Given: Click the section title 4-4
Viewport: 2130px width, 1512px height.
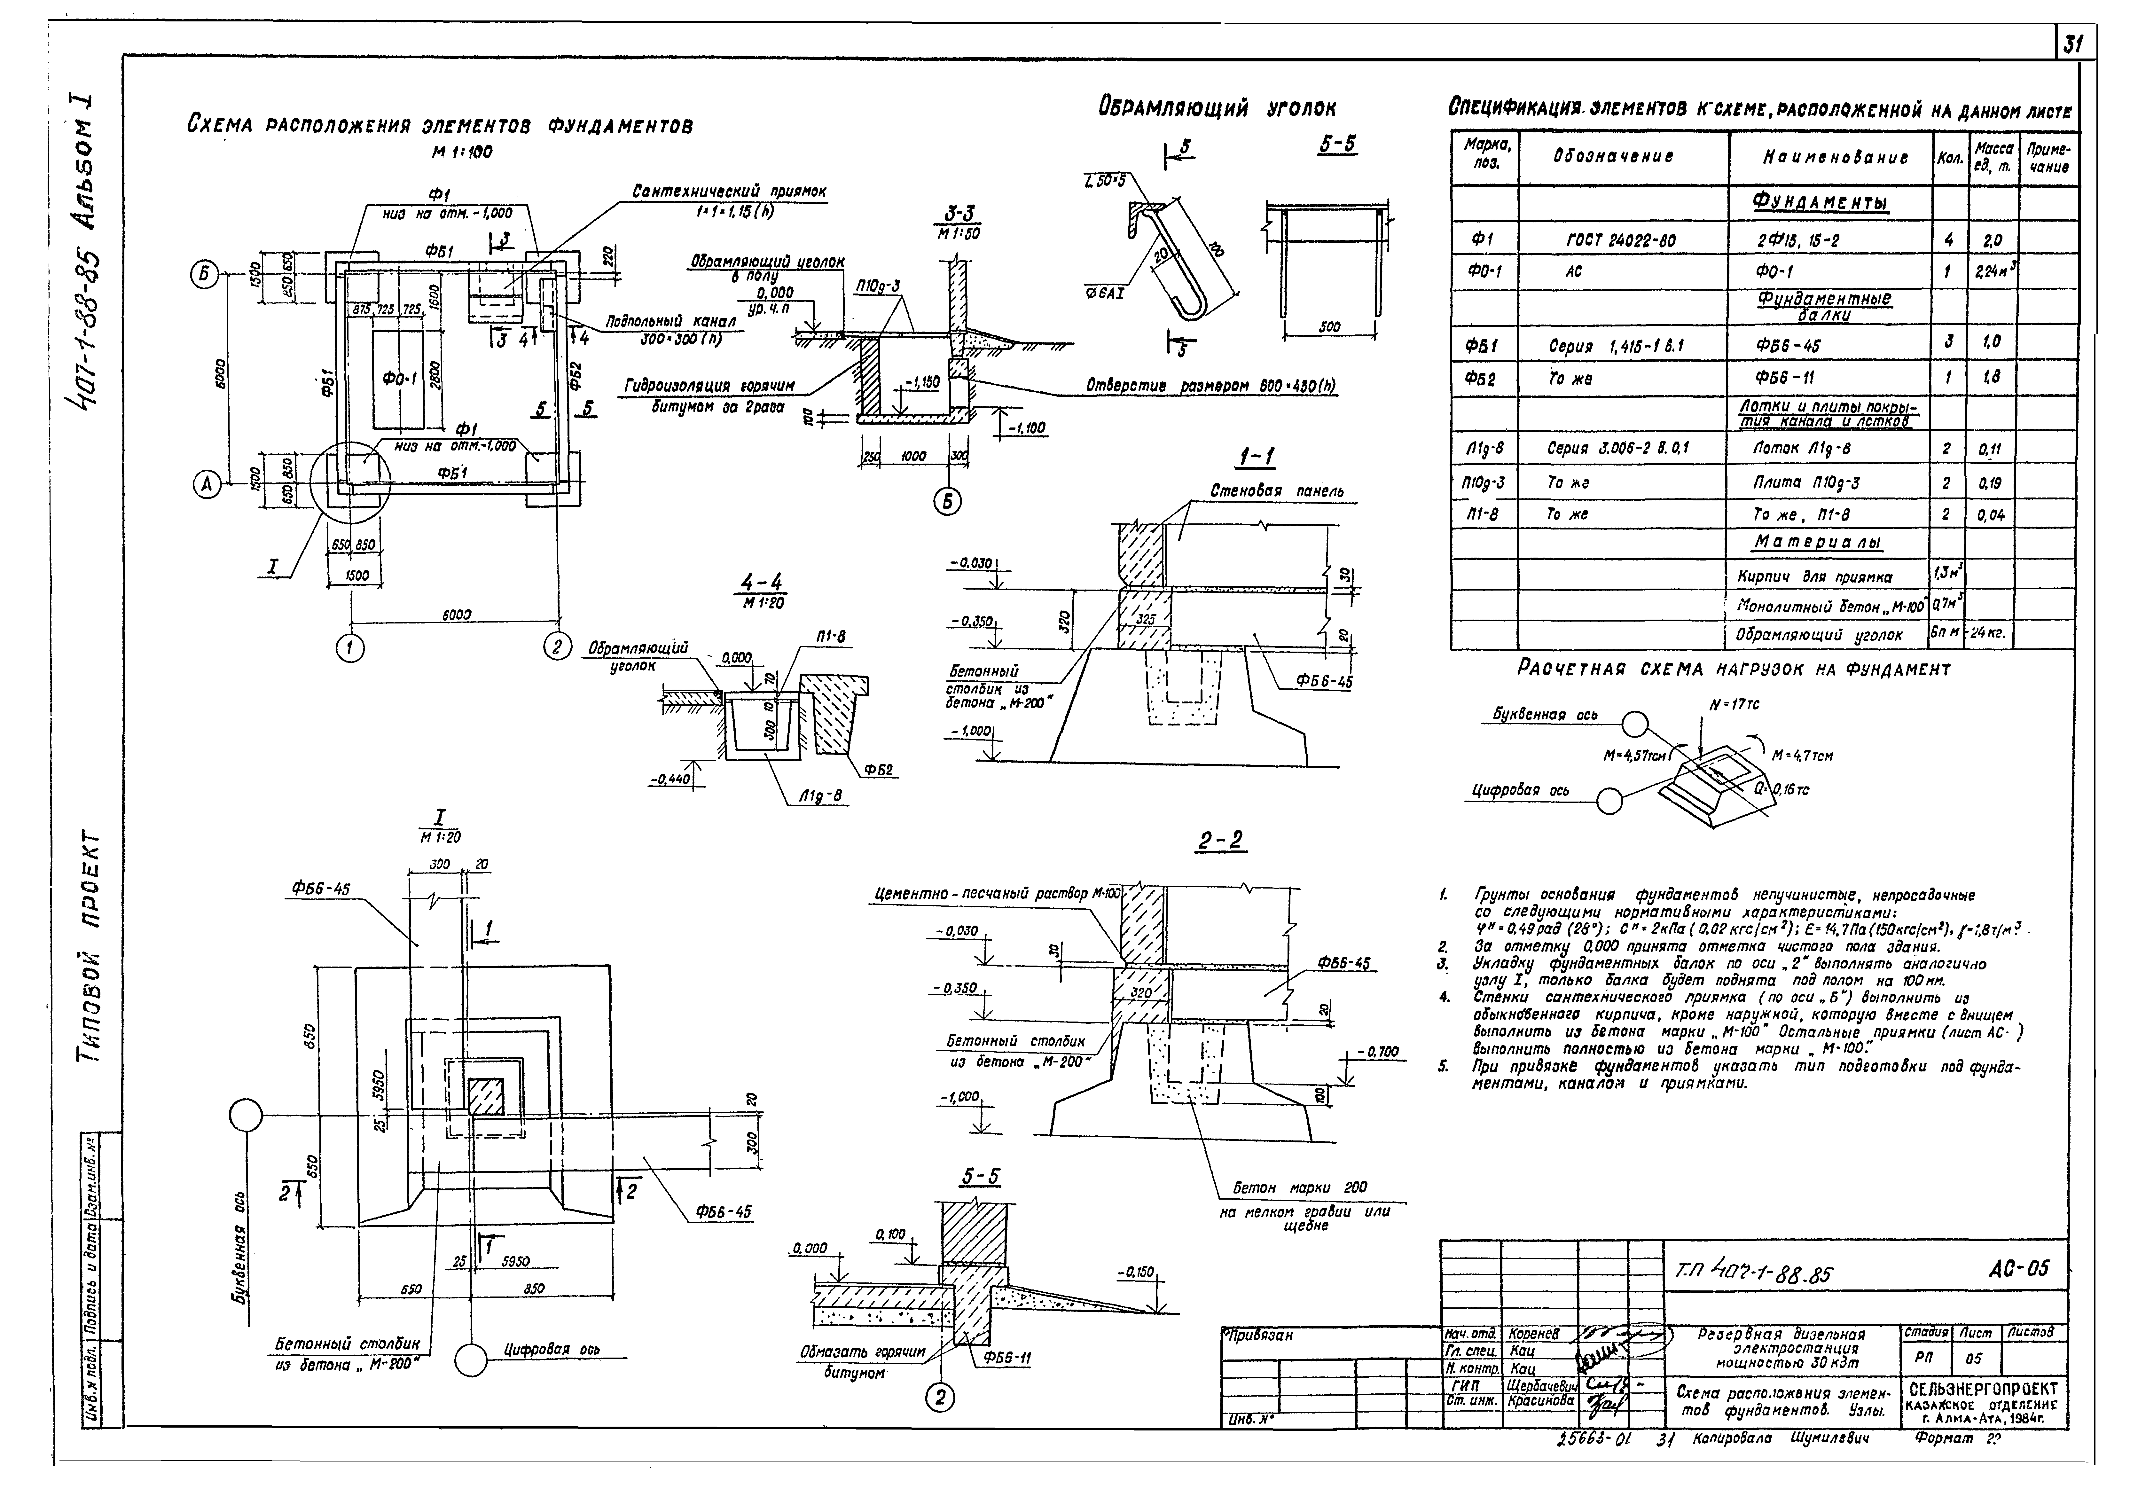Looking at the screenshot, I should tap(762, 584).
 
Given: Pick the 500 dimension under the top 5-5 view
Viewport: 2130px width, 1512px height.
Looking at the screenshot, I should tap(1330, 327).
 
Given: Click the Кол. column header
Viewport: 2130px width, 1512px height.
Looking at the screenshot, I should tap(1948, 158).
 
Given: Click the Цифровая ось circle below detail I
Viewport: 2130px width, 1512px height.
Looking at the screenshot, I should tap(471, 1360).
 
